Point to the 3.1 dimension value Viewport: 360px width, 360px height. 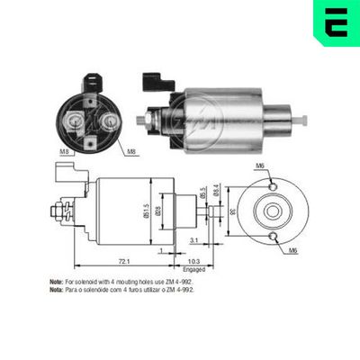click(x=195, y=239)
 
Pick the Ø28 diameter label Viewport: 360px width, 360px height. click(x=180, y=213)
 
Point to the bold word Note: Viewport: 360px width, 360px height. click(x=56, y=282)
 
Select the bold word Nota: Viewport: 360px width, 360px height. click(x=56, y=290)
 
